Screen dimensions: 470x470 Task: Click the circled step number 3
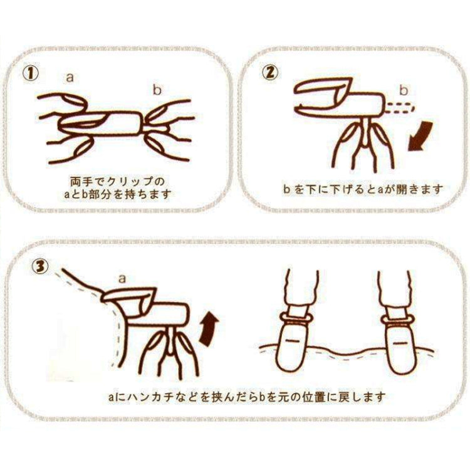pyautogui.click(x=39, y=266)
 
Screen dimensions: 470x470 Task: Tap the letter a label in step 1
pyautogui.click(x=71, y=78)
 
